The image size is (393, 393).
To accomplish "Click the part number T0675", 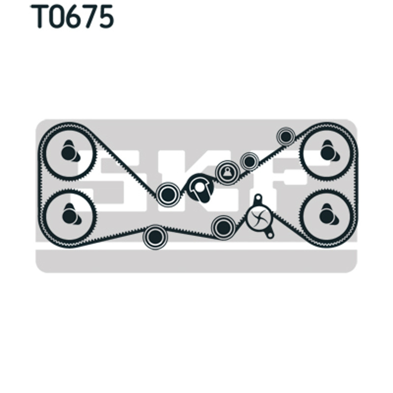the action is (x=72, y=17).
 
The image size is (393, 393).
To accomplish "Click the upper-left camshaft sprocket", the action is (x=70, y=152).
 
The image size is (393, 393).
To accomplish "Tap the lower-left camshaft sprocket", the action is (x=70, y=216).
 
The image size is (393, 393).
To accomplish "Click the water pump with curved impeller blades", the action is (x=259, y=217).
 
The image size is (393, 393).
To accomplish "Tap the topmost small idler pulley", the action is (x=286, y=137).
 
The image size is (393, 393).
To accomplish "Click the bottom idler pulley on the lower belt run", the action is (x=155, y=237).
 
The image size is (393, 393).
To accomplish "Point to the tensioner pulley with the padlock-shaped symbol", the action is (x=227, y=173).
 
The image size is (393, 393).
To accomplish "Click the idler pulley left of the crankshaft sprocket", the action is (x=168, y=194).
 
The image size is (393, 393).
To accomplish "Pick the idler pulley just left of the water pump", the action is (x=224, y=227).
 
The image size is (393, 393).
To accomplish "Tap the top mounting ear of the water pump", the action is (x=257, y=198).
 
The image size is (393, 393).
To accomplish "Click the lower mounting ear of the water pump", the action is (x=270, y=235).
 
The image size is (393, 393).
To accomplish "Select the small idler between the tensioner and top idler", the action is (x=249, y=162).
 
